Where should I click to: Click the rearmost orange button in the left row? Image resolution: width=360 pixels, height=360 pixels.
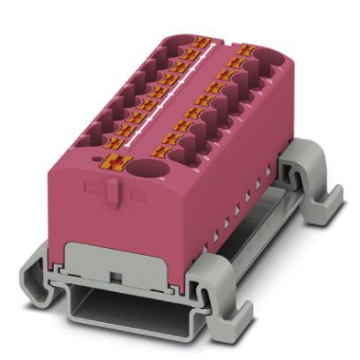(x=201, y=41)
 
